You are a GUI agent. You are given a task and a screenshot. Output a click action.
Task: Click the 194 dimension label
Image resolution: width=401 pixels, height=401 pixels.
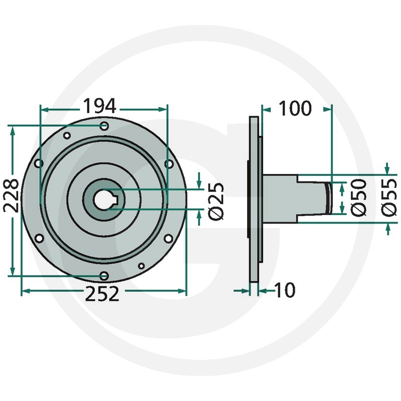pyautogui.click(x=100, y=106)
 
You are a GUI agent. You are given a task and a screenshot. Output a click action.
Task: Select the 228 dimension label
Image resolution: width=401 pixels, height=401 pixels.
pyautogui.click(x=11, y=195)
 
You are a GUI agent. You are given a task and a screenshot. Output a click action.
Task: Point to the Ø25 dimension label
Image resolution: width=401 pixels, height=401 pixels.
pyautogui.click(x=216, y=201)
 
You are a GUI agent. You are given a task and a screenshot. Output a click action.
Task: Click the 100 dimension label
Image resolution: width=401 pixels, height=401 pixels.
pyautogui.click(x=295, y=108)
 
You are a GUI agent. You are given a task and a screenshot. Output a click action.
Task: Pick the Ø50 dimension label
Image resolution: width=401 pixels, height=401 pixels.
pyautogui.click(x=359, y=197)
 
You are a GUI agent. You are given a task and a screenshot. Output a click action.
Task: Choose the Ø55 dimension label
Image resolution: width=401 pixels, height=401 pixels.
pyautogui.click(x=389, y=197)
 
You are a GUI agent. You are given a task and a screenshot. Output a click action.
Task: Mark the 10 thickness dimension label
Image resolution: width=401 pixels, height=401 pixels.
pyautogui.click(x=285, y=290)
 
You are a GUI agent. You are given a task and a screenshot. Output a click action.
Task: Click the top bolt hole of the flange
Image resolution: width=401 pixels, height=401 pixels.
pyautogui.click(x=104, y=126)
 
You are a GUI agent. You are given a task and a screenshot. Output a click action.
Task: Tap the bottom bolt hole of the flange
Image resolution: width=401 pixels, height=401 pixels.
pyautogui.click(x=104, y=276)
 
